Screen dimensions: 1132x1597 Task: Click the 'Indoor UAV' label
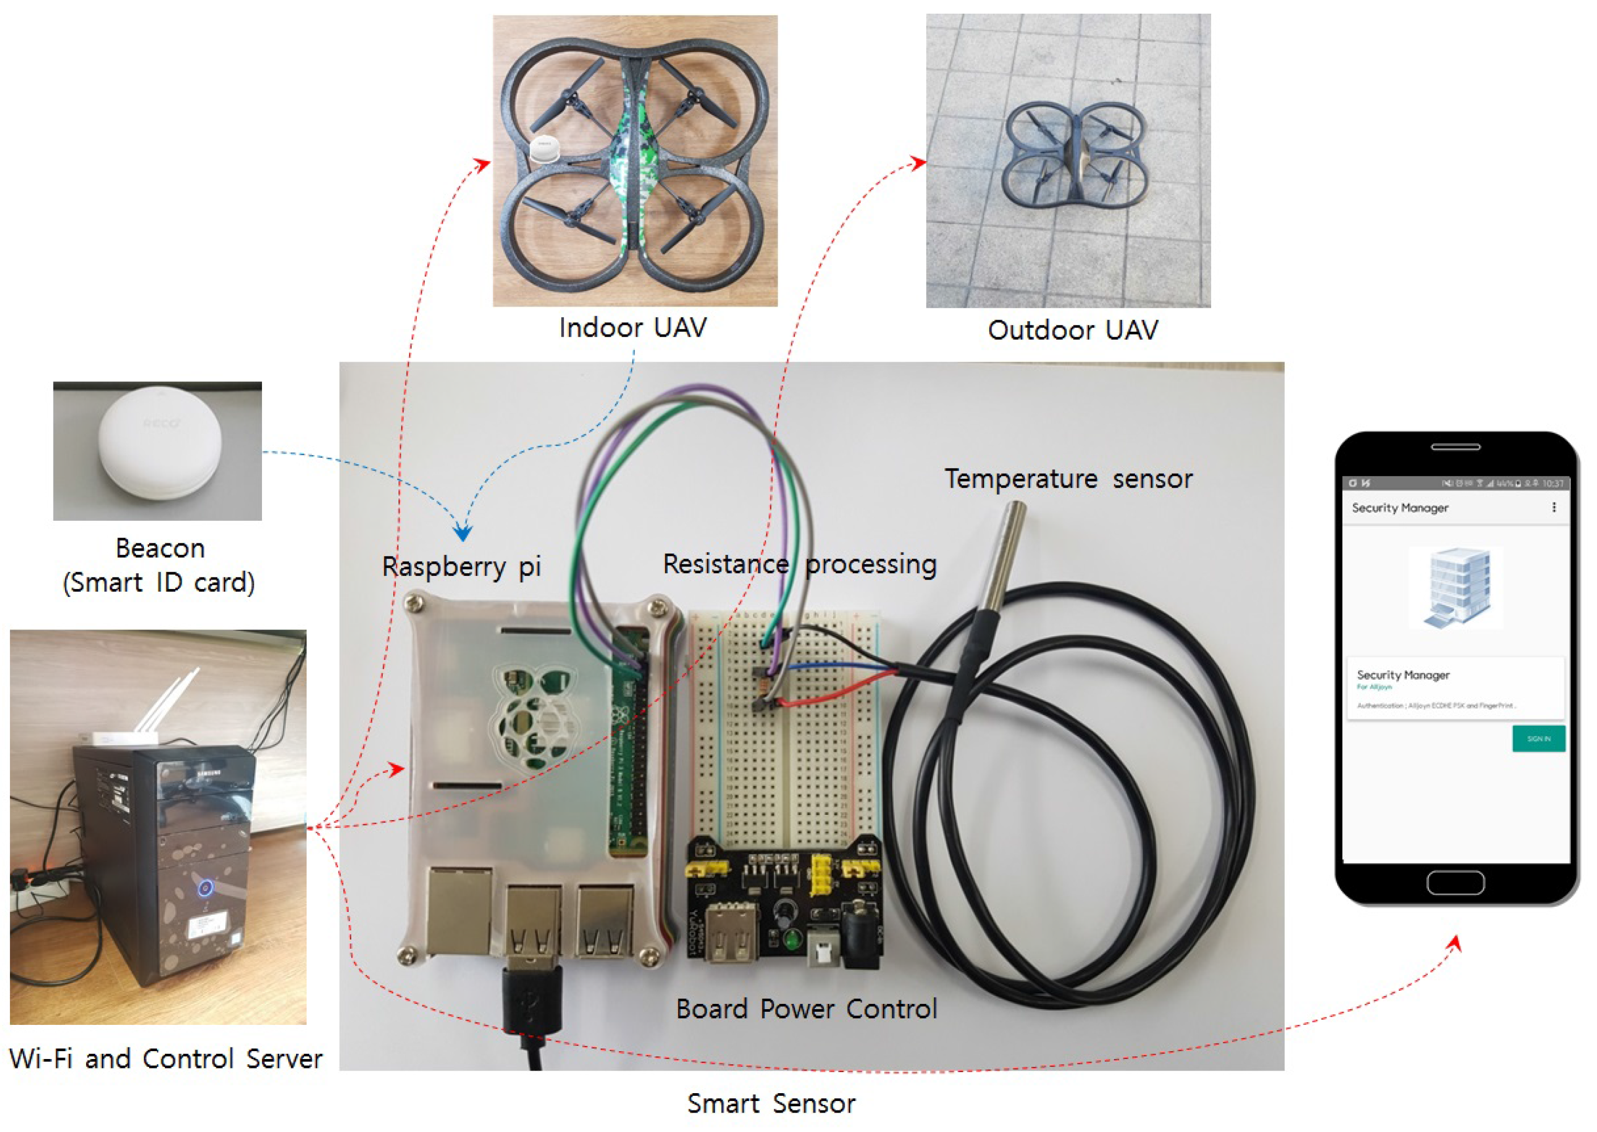pyautogui.click(x=633, y=328)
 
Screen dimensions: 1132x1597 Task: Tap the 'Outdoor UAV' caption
pyautogui.click(x=1073, y=330)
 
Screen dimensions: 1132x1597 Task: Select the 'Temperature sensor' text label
pyautogui.click(x=1068, y=479)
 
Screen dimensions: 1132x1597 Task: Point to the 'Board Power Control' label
pyautogui.click(x=806, y=1009)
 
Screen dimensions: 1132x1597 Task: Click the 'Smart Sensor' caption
pyautogui.click(x=771, y=1104)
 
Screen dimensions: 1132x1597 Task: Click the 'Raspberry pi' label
pyautogui.click(x=461, y=566)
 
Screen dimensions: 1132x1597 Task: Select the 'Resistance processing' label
pyautogui.click(x=799, y=564)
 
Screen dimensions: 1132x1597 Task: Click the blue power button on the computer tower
pyautogui.click(x=205, y=887)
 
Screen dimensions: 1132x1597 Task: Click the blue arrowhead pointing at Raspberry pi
pyautogui.click(x=463, y=533)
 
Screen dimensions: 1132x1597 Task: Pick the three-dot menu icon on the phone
pyautogui.click(x=1554, y=507)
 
